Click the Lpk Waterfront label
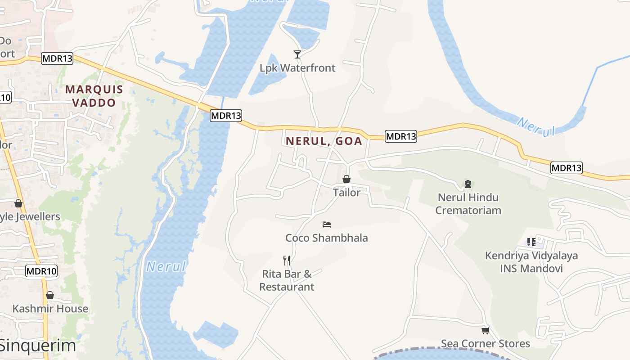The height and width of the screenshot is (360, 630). click(x=297, y=68)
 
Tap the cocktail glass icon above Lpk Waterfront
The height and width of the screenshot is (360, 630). click(x=297, y=54)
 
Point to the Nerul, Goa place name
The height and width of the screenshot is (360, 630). click(x=324, y=141)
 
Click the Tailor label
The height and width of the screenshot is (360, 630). click(x=346, y=193)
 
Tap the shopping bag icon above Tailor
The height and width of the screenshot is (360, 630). click(x=346, y=179)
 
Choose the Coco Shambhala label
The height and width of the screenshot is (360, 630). click(x=327, y=238)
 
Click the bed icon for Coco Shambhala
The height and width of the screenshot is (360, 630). click(x=327, y=224)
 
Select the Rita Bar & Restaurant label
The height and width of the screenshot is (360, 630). click(x=287, y=280)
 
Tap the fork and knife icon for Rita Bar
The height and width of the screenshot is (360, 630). click(x=286, y=260)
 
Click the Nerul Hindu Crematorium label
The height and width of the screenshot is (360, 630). click(x=468, y=203)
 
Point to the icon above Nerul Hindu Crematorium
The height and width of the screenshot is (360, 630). click(x=468, y=184)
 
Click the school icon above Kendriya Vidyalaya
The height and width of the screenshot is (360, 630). click(x=531, y=242)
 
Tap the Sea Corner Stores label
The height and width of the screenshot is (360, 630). click(x=485, y=344)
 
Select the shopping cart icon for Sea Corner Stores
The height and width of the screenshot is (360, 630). click(x=485, y=331)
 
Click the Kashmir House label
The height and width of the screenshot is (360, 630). click(x=50, y=309)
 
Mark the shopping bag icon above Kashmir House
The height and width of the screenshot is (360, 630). click(x=50, y=295)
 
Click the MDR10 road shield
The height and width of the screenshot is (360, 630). click(x=42, y=271)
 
